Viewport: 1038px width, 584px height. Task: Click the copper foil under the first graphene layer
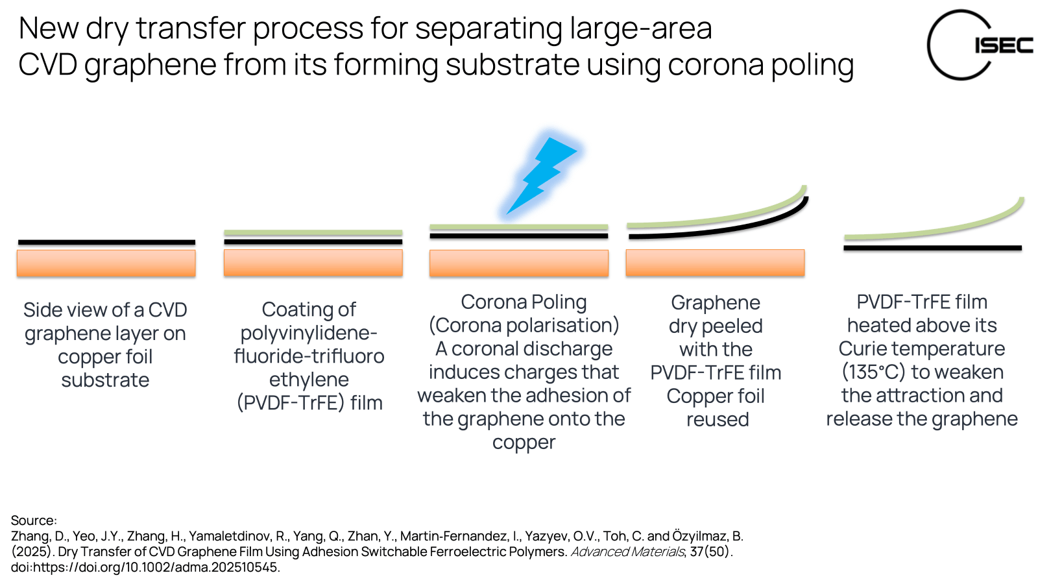106,263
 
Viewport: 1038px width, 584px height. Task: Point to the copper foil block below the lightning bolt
518,263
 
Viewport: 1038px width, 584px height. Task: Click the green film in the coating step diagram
313,232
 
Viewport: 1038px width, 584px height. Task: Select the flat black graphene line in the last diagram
932,248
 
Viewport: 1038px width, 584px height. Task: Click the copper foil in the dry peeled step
715,263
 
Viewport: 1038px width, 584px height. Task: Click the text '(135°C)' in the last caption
873,372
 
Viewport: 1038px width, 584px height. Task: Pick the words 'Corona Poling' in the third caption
524,302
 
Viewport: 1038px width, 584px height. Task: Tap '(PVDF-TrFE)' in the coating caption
290,403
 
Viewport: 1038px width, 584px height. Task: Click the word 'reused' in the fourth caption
718,420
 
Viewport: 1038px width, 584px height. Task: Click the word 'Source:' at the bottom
34,520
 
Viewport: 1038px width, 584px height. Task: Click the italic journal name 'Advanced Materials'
627,552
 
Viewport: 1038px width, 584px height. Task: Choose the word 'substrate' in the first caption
105,380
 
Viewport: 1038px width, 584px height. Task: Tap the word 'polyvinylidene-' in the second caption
309,333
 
